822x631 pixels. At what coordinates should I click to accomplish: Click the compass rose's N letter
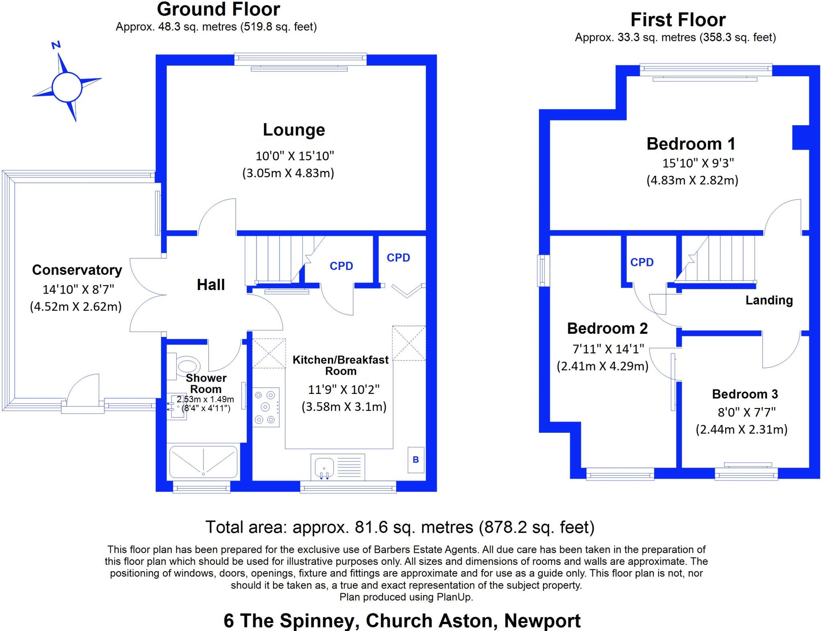(56, 45)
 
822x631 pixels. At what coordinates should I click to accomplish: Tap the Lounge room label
(294, 130)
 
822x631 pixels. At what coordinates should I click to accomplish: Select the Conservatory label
(77, 270)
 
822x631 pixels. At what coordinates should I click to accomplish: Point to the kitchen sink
(325, 467)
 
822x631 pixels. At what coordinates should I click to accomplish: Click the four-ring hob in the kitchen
(265, 407)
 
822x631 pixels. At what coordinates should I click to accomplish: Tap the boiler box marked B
(416, 460)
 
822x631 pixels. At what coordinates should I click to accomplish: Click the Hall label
(211, 285)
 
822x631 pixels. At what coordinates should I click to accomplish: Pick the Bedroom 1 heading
(691, 144)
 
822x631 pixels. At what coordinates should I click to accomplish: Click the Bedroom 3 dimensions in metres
(741, 430)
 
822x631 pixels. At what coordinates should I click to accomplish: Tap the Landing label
(769, 300)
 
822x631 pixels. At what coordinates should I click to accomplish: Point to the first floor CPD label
(642, 262)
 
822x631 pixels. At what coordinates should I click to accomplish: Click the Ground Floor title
(218, 10)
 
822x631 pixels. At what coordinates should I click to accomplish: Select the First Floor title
(678, 20)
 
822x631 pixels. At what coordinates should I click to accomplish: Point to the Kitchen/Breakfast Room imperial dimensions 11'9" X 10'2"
(344, 389)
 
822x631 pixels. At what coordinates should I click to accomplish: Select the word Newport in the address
(542, 621)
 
